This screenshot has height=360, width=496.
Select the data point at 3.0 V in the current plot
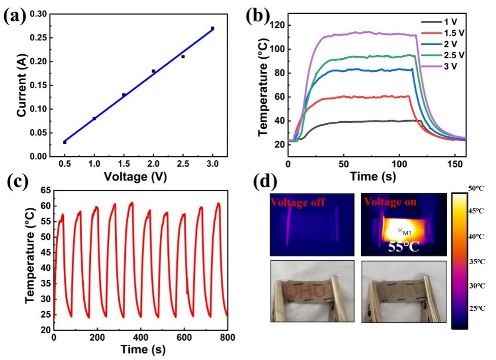(x=212, y=28)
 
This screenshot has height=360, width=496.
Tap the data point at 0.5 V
(x=65, y=142)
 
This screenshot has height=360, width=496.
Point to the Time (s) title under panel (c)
(x=140, y=350)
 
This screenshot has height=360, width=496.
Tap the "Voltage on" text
(x=389, y=202)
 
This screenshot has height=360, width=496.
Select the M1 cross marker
(x=400, y=231)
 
